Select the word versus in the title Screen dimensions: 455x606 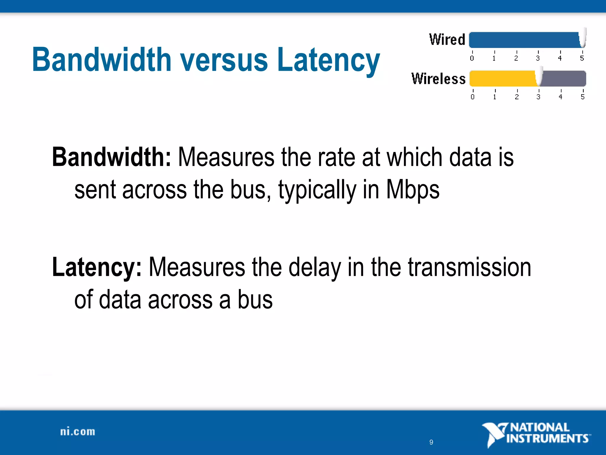pos(224,60)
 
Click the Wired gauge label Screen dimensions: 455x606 pos(447,40)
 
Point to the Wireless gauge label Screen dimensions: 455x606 pos(439,79)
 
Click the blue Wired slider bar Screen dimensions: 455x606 pos(524,40)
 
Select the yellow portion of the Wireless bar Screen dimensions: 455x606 pos(503,79)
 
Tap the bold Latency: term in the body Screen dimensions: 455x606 pos(97,267)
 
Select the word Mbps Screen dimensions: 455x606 pos(413,190)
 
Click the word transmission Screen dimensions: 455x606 pos(469,267)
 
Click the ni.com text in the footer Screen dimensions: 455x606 pos(78,432)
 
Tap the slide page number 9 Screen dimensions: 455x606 pos(431,442)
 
